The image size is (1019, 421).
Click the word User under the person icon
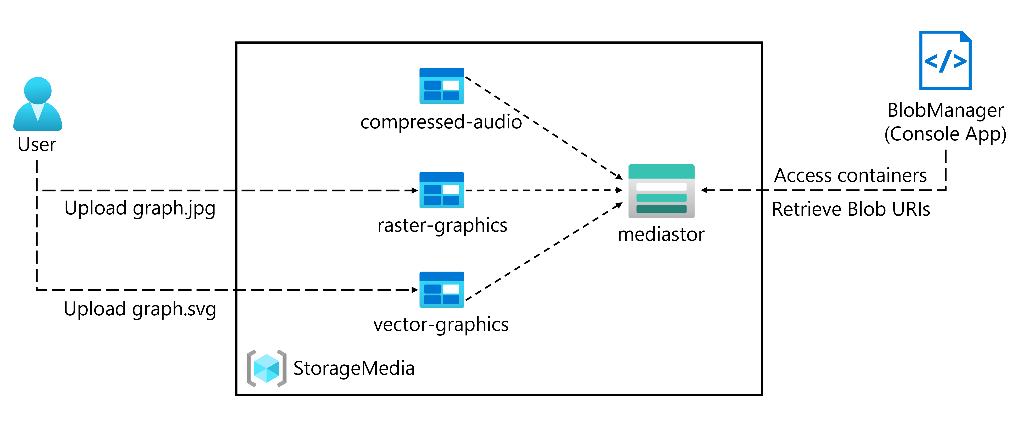click(x=37, y=144)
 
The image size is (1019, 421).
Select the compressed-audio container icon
click(x=441, y=86)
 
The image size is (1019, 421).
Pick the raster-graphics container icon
click(x=441, y=190)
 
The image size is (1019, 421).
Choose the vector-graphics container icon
click(x=441, y=289)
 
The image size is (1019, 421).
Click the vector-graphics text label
click(x=441, y=325)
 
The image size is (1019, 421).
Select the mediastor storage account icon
click(x=661, y=191)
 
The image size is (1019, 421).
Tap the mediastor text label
click(x=661, y=234)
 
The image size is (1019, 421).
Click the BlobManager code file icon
click(x=945, y=60)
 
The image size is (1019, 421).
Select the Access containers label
click(x=850, y=175)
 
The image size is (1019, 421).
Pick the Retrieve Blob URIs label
click(x=851, y=209)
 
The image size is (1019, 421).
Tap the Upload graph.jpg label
click(x=140, y=208)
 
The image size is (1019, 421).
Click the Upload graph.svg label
click(x=140, y=309)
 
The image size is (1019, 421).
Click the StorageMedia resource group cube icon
click(x=266, y=368)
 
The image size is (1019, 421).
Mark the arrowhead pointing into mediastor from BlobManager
click(x=704, y=190)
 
